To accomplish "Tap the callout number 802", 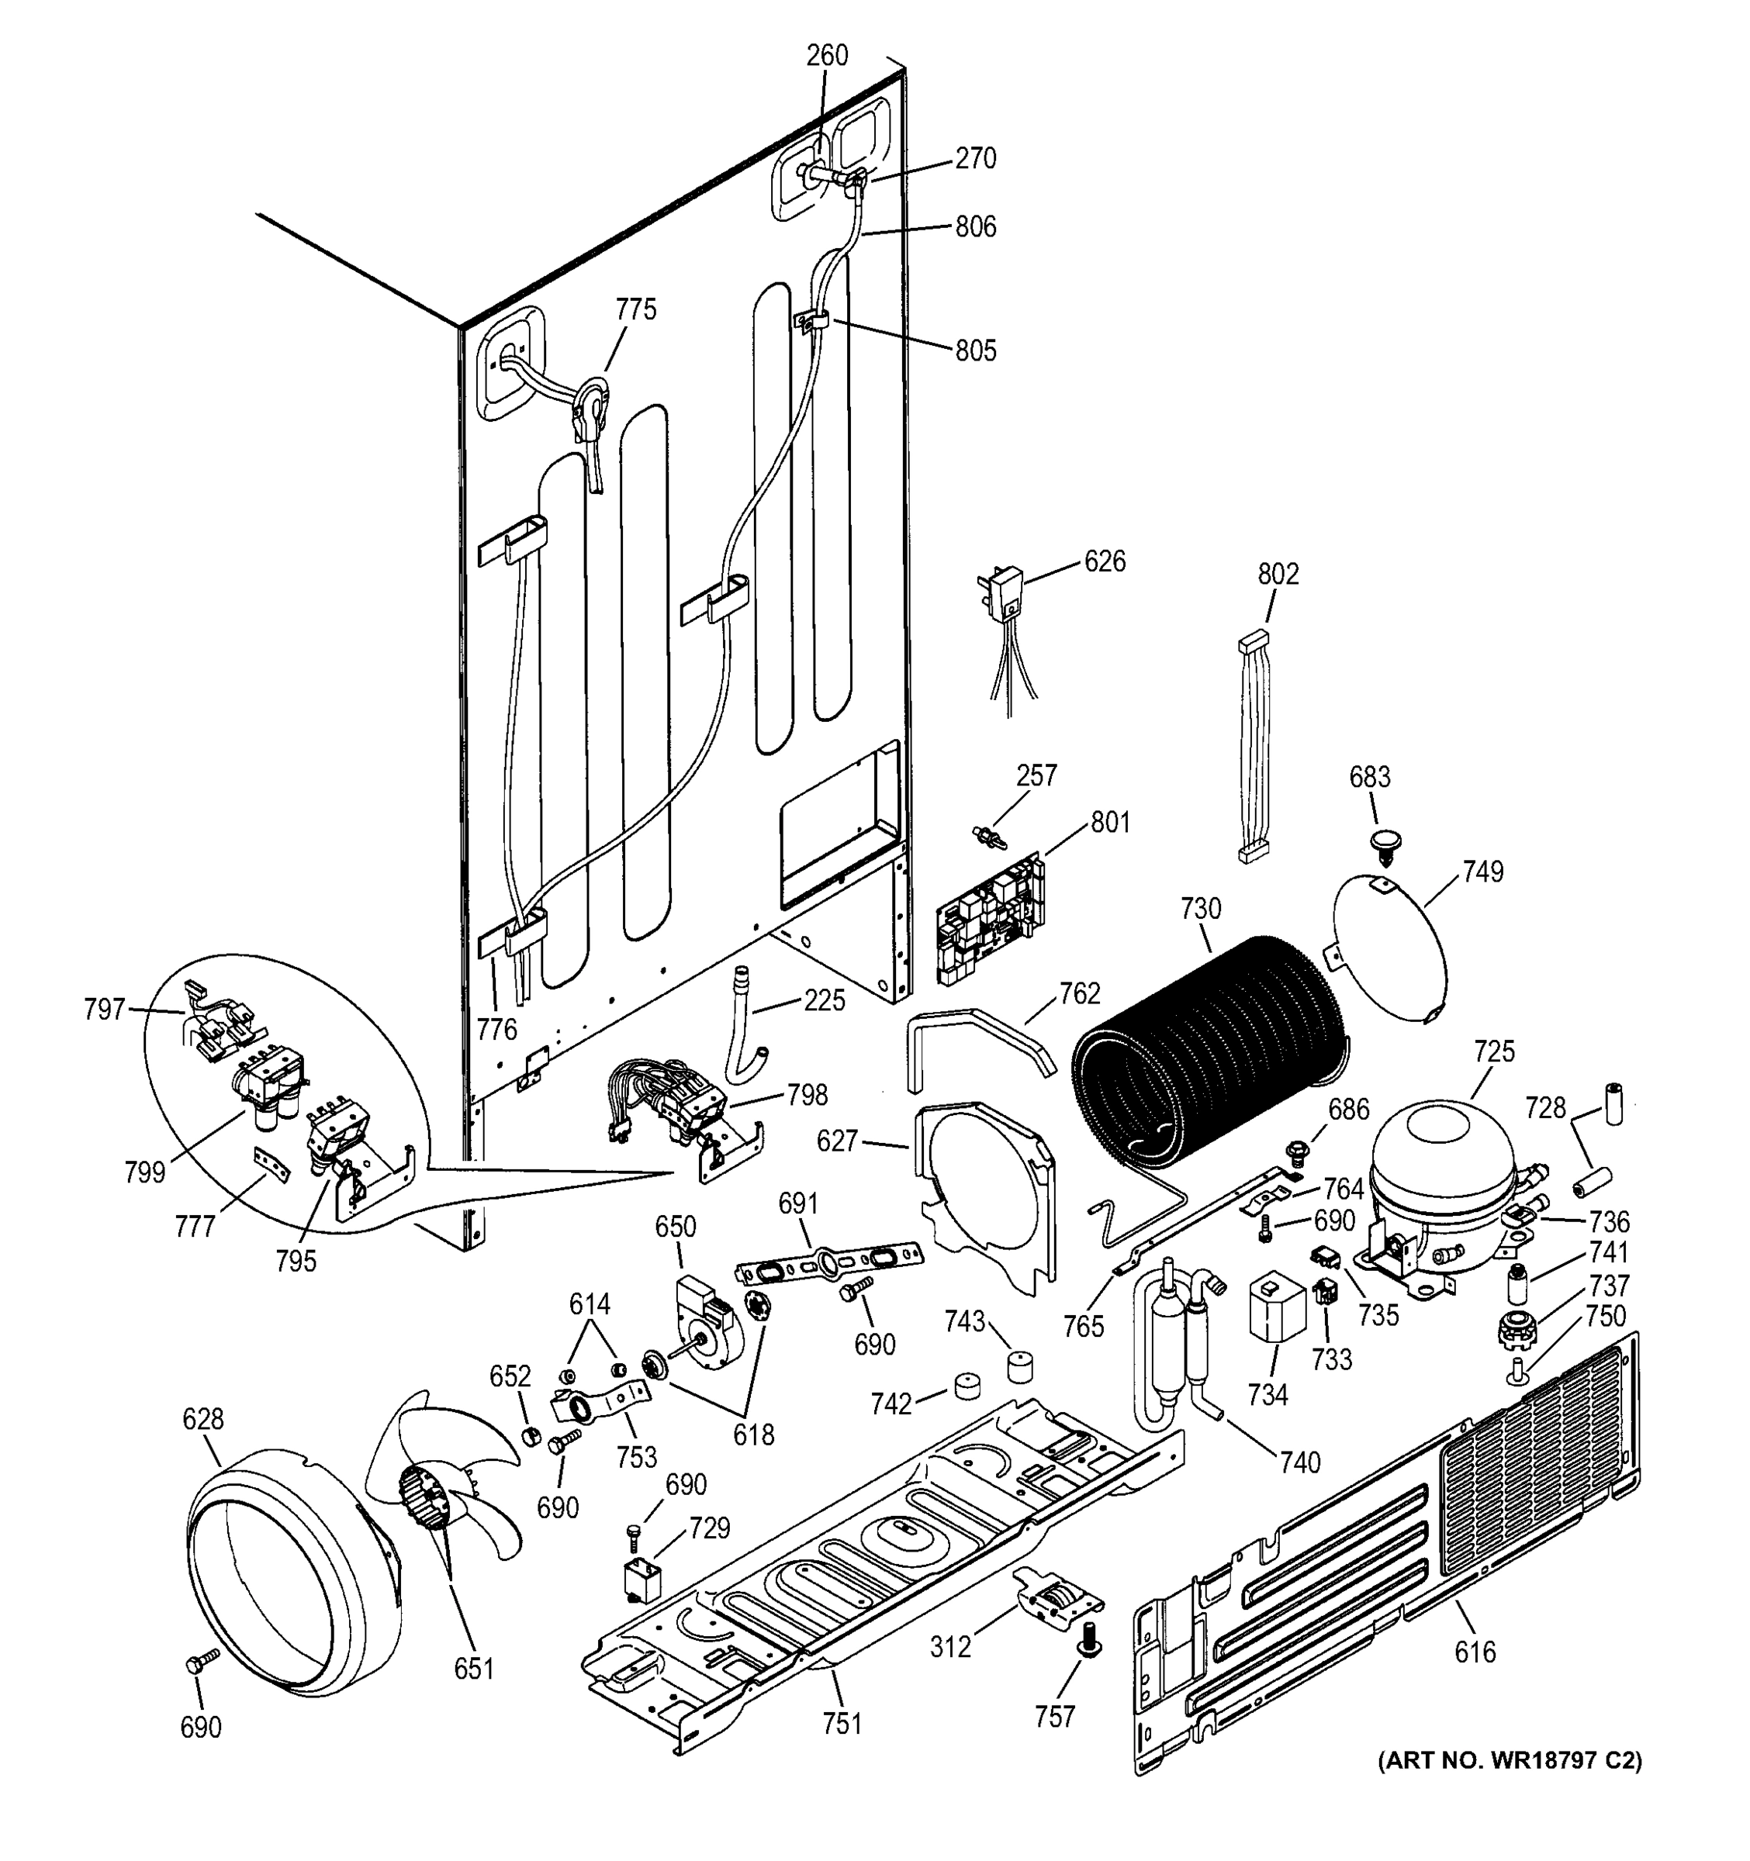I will click(1278, 574).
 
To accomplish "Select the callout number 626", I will click(1105, 561).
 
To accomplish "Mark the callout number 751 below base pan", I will click(841, 1722).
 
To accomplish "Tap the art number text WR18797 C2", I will click(1510, 1761).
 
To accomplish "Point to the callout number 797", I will click(104, 1009).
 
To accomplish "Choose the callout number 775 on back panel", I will click(636, 310).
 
